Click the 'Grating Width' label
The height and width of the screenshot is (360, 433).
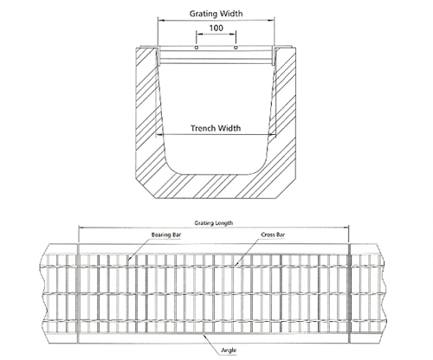(x=216, y=14)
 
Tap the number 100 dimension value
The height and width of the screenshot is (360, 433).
(x=216, y=28)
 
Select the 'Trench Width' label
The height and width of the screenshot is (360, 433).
(x=216, y=128)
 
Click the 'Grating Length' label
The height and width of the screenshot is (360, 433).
(x=214, y=223)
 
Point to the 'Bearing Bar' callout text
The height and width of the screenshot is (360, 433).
(x=166, y=235)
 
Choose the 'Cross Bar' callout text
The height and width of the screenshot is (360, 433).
(x=273, y=235)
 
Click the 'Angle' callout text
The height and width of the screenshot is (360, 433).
(x=229, y=350)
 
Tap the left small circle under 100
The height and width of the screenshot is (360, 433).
(x=197, y=48)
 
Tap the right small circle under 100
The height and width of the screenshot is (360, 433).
(x=236, y=48)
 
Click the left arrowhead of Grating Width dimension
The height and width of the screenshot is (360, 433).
(x=160, y=21)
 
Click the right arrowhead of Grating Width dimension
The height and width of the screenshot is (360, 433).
(x=272, y=21)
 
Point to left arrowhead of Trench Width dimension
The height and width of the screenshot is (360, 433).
(x=158, y=134)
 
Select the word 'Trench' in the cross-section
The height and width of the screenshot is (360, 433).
(x=204, y=128)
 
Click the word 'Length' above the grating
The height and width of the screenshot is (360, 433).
(x=224, y=223)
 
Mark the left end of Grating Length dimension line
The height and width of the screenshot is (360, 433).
(x=79, y=228)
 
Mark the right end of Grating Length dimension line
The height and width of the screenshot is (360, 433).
(x=349, y=228)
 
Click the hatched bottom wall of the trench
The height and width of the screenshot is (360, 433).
(x=216, y=186)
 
